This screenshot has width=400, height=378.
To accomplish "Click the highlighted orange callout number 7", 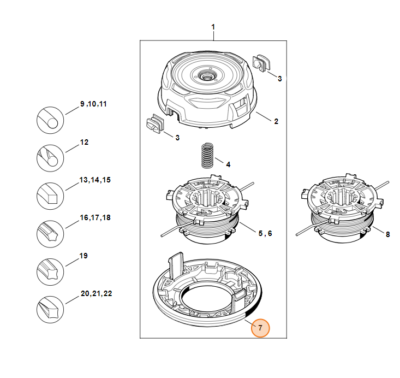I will tap(260, 328).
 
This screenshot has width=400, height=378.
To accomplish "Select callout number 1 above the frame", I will tap(213, 27).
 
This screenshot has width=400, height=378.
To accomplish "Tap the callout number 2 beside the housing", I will tap(276, 121).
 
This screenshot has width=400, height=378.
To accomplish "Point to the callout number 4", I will tap(228, 164).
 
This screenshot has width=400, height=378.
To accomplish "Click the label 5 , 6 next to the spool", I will tap(265, 233).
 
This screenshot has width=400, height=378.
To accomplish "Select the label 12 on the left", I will tap(84, 142).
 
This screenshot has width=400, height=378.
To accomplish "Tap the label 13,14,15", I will tap(95, 180).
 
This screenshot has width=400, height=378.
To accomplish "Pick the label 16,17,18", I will tap(95, 217).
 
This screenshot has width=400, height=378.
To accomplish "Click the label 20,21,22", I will tap(96, 293).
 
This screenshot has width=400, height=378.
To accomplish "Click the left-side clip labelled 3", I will tap(156, 123).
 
